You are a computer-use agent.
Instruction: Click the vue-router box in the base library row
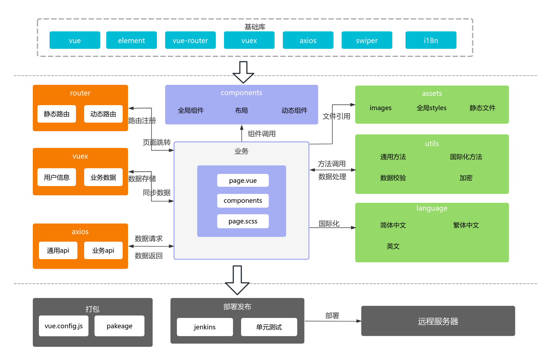[x=190, y=40]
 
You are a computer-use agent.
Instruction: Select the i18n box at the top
[x=431, y=40]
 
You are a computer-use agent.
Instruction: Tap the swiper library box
[x=367, y=40]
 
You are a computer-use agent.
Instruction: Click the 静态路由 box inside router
[x=57, y=114]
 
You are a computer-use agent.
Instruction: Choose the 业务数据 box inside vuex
[x=103, y=177]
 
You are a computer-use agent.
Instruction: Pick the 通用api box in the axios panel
[x=58, y=251]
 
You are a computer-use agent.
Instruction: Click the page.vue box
[x=243, y=180]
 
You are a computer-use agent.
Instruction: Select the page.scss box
[x=243, y=221]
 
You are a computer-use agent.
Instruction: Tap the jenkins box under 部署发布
[x=205, y=327]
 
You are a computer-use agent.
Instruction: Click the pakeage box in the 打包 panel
[x=119, y=326]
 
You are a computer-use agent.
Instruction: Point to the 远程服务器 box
[x=438, y=321]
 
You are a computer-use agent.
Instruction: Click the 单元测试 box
[x=269, y=327]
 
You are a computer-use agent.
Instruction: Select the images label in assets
[x=381, y=108]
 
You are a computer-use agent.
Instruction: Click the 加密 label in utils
[x=466, y=178]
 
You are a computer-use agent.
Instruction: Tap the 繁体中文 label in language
[x=466, y=225]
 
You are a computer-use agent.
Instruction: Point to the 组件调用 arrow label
[x=261, y=134]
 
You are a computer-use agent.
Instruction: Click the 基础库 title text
[x=255, y=27]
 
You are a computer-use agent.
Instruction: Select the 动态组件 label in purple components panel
[x=294, y=110]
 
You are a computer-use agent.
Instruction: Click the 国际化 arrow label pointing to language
[x=329, y=223]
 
